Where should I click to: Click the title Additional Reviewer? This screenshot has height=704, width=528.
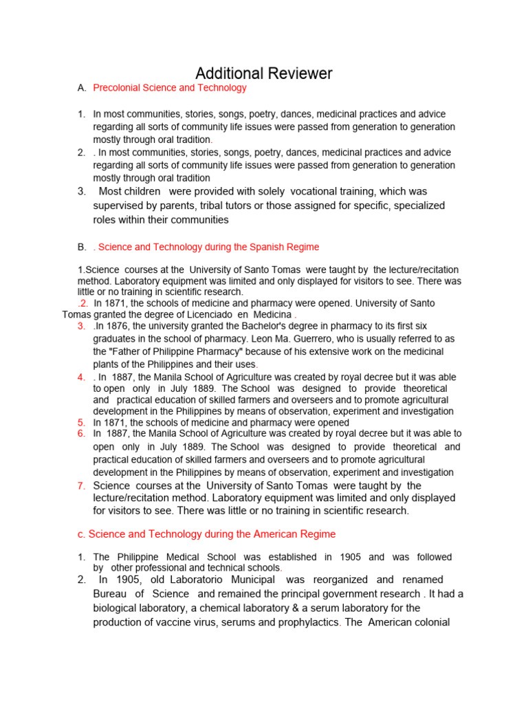pyautogui.click(x=264, y=74)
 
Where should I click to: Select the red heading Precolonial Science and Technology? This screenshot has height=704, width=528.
pyautogui.click(x=169, y=88)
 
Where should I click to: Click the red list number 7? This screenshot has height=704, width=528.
pyautogui.click(x=81, y=486)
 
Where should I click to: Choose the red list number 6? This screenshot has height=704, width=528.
pyautogui.click(x=81, y=434)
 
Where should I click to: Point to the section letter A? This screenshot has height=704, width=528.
pyautogui.click(x=82, y=88)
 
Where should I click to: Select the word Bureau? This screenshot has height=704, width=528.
pyautogui.click(x=110, y=594)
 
